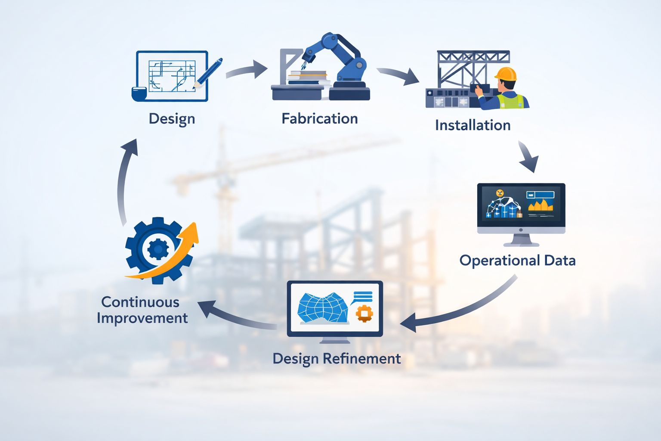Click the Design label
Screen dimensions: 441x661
coord(172,119)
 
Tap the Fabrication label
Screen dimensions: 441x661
coord(319,119)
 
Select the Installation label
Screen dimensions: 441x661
coord(473,125)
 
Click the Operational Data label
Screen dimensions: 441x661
coord(517,261)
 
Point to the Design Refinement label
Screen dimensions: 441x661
coord(337,359)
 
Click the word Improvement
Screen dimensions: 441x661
coord(142,318)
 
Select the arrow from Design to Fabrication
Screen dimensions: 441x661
coord(247,70)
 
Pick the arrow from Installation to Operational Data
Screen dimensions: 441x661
coord(528,157)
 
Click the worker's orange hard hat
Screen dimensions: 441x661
coord(506,74)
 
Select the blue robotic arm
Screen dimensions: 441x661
coord(340,56)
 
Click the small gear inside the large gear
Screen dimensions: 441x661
coord(158,249)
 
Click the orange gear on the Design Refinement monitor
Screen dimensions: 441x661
coord(364,313)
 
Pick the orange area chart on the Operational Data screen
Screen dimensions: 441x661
coord(541,205)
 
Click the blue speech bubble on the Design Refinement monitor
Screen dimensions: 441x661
coord(363,296)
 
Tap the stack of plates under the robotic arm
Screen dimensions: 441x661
coord(306,78)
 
